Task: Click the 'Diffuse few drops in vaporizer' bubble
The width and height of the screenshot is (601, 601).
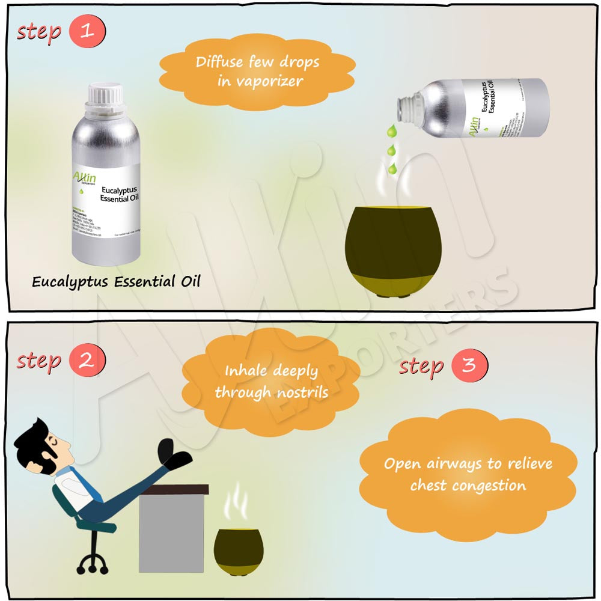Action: pos(257,72)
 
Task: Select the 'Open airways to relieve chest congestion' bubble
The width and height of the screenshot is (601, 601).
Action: pos(468,474)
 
